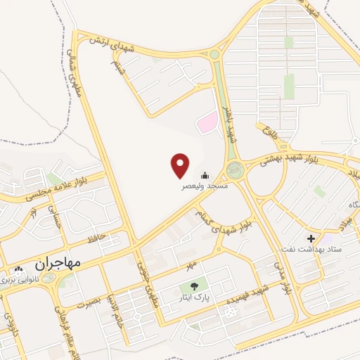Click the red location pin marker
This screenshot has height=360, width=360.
click(181, 165)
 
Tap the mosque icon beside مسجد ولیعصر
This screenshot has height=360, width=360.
click(205, 176)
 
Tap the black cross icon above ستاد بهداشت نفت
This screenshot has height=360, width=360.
click(311, 239)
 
